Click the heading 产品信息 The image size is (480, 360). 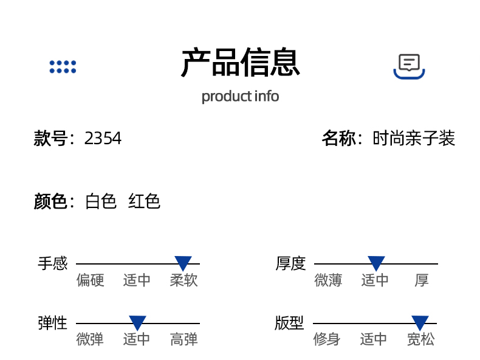240,63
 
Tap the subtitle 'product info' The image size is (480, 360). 240,96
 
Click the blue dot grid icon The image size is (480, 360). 63,67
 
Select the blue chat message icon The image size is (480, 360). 409,66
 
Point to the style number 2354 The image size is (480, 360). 103,139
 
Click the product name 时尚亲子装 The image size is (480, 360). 414,139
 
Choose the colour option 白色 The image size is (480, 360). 101,201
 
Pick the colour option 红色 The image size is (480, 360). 144,201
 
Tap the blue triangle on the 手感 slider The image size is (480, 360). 183,263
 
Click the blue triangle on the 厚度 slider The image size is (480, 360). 376,263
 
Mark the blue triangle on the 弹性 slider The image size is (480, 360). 137,323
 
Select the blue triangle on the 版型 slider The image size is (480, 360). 420,323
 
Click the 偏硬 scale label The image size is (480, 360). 91,280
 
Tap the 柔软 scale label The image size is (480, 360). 184,280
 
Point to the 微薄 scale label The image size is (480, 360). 328,280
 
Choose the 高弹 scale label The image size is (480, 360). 184,339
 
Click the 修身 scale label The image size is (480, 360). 327,339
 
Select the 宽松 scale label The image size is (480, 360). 420,339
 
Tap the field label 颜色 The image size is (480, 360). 50,201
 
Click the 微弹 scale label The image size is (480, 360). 90,339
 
